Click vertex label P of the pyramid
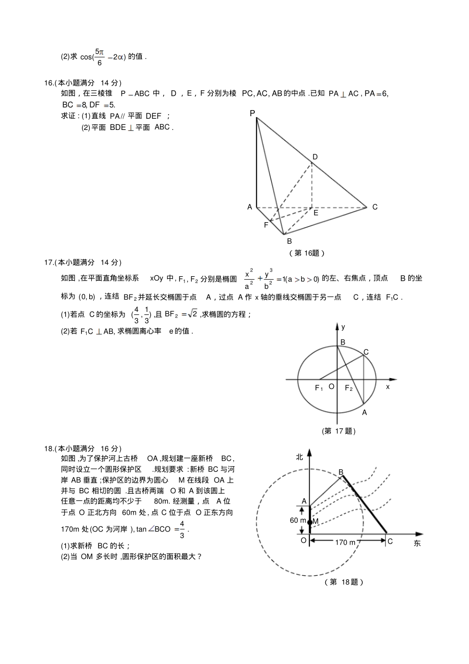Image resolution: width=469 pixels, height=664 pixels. [252, 113]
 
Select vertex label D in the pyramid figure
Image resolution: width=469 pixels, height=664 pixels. [315, 157]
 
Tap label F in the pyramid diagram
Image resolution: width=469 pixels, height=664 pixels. [266, 225]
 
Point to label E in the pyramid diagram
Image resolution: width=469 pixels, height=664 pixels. [316, 213]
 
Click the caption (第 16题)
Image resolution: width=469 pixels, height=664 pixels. [306, 253]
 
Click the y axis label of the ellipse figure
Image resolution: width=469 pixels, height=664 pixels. [344, 326]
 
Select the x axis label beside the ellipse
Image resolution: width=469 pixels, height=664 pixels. [387, 387]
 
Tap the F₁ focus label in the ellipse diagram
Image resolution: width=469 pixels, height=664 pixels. [319, 388]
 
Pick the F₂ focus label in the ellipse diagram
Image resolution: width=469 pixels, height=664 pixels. [349, 388]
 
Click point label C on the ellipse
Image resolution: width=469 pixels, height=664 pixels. [366, 352]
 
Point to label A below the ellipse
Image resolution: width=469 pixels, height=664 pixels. [364, 413]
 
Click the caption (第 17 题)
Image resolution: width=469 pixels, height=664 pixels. [338, 431]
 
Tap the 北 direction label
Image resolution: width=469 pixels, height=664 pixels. [299, 457]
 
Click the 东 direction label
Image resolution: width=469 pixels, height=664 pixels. [417, 543]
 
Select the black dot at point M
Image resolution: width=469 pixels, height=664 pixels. [310, 522]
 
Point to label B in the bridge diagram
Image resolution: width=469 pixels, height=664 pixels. [341, 472]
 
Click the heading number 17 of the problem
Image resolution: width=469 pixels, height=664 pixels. [49, 262]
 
